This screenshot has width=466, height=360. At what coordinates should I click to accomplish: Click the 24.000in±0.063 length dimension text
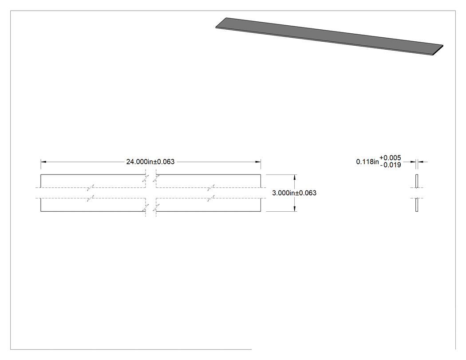(x=150, y=162)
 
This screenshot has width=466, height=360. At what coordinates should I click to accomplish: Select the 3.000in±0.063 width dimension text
(x=294, y=193)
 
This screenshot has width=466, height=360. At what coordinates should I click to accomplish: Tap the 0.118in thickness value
(x=367, y=162)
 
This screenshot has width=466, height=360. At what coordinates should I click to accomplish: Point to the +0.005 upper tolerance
(x=390, y=158)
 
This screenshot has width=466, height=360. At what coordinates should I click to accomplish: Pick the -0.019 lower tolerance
(x=391, y=165)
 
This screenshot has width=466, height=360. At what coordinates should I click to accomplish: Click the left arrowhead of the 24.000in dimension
(x=43, y=162)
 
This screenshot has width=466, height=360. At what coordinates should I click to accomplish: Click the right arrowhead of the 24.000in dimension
(x=258, y=162)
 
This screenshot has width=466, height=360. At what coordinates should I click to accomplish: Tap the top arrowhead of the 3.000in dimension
(x=295, y=177)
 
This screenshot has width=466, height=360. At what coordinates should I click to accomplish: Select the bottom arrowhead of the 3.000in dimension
(x=295, y=209)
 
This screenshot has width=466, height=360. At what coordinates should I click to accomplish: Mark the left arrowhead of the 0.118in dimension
(x=413, y=162)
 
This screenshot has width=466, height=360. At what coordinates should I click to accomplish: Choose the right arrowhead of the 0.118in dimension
(x=421, y=162)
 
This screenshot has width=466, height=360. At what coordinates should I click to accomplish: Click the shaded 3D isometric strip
(x=329, y=36)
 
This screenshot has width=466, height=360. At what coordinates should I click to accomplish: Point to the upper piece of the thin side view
(x=417, y=181)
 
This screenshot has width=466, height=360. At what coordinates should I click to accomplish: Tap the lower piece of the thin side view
(x=417, y=205)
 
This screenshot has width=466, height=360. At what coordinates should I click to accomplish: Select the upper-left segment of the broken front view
(x=93, y=181)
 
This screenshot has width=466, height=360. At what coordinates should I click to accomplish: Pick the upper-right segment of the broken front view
(x=208, y=181)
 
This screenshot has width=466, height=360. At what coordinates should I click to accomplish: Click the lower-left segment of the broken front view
(x=93, y=205)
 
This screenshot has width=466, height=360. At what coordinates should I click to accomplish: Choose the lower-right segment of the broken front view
(x=208, y=205)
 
